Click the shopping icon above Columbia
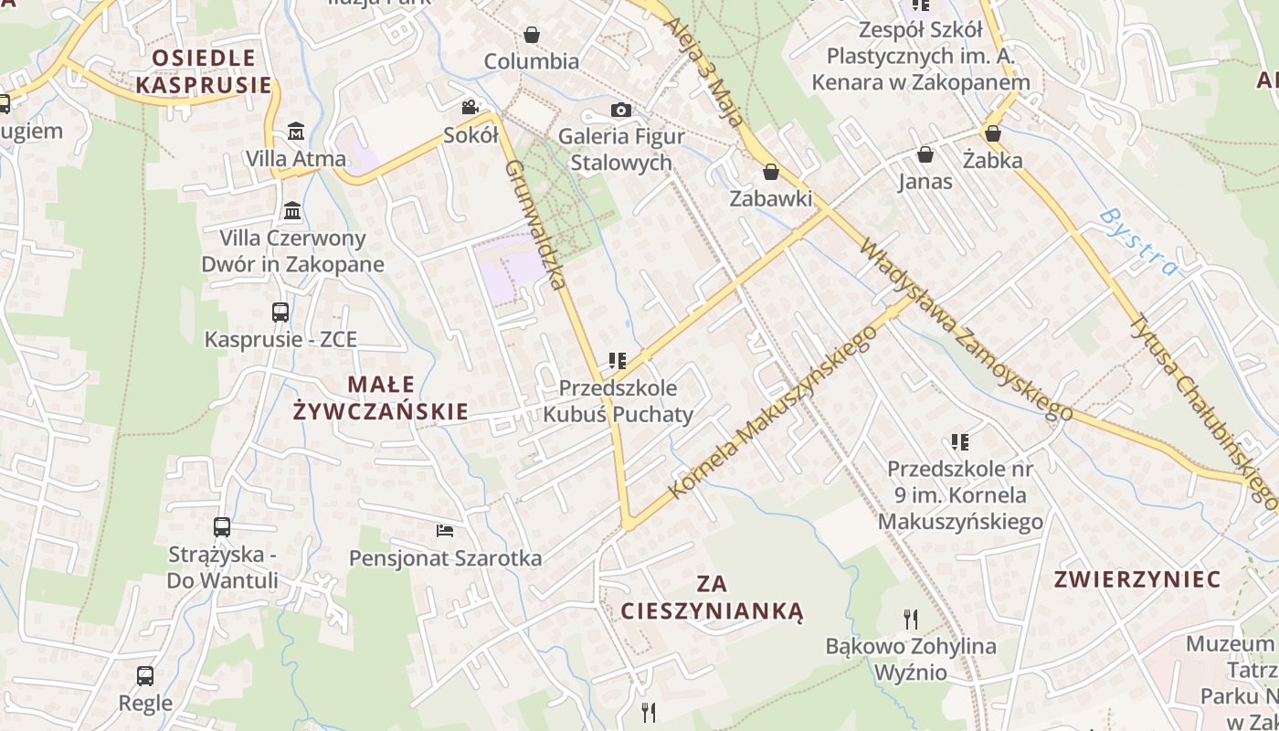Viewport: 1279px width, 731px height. pos(532,35)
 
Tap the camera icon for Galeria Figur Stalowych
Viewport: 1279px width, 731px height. pos(621,111)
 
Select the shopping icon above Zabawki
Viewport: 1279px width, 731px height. pos(771,172)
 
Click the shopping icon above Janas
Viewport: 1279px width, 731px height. pos(925,154)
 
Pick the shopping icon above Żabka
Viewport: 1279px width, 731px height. pos(993,133)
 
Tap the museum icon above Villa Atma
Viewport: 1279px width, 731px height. pos(296,132)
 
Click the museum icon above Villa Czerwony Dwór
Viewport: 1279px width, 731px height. pos(292,211)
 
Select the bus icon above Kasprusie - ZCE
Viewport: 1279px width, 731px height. pos(280,313)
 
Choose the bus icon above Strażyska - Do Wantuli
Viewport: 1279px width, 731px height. pos(222,527)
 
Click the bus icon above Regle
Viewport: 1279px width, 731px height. pos(145,676)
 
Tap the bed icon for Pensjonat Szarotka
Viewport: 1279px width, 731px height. pos(445,531)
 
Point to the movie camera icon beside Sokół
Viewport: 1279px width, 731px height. pos(470,108)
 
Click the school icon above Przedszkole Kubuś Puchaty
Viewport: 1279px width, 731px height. pos(618,361)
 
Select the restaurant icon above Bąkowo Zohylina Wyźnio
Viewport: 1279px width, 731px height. pos(910,620)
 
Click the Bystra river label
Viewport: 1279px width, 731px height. pos(1139,242)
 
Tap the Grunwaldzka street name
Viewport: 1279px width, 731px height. pos(536,224)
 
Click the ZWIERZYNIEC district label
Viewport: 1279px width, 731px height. pos(1137,579)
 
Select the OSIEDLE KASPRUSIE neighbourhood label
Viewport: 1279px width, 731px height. pos(204,71)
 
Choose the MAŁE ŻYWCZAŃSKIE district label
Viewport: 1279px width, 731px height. pos(380,397)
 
